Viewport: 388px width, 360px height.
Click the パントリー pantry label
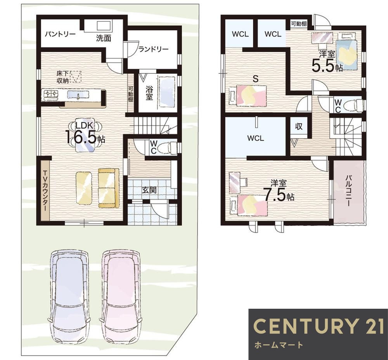point(60,34)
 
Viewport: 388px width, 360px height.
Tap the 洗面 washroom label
point(104,38)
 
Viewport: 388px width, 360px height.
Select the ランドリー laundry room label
point(153,49)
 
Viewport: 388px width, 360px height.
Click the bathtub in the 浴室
point(168,92)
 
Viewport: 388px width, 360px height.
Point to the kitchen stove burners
point(51,95)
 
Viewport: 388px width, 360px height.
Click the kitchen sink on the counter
point(78,95)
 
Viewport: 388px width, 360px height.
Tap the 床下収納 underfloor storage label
point(62,77)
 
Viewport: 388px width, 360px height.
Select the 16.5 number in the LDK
point(81,137)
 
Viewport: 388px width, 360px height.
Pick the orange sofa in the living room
point(109,188)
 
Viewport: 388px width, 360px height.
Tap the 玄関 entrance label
point(149,190)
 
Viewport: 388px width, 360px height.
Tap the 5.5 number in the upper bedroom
point(323,65)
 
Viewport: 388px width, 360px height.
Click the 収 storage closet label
point(299,126)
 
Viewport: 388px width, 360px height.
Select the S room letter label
point(256,79)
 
